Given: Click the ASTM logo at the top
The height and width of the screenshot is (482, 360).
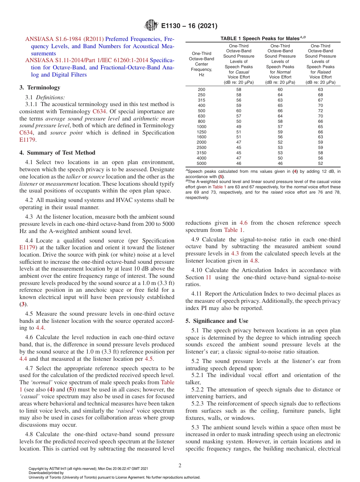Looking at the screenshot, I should (151, 26).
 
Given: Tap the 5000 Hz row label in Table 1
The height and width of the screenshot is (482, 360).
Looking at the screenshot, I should (202, 163).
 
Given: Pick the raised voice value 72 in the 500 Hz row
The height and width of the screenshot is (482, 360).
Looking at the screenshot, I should (321, 111).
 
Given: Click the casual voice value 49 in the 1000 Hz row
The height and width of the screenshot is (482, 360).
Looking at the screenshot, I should (238, 127).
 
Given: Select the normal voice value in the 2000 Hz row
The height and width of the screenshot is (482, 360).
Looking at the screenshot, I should (280, 142).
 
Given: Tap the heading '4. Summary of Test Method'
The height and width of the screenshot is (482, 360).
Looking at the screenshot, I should (57, 153).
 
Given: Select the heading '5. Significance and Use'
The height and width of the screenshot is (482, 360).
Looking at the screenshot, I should (217, 321).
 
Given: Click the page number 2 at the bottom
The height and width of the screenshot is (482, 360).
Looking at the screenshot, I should (180, 466).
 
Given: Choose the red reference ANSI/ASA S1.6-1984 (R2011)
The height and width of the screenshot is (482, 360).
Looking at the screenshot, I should (64, 39).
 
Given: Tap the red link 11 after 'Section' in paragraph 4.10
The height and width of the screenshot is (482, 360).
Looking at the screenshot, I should (208, 277).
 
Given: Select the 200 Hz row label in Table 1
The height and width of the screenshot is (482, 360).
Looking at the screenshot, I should (202, 89).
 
